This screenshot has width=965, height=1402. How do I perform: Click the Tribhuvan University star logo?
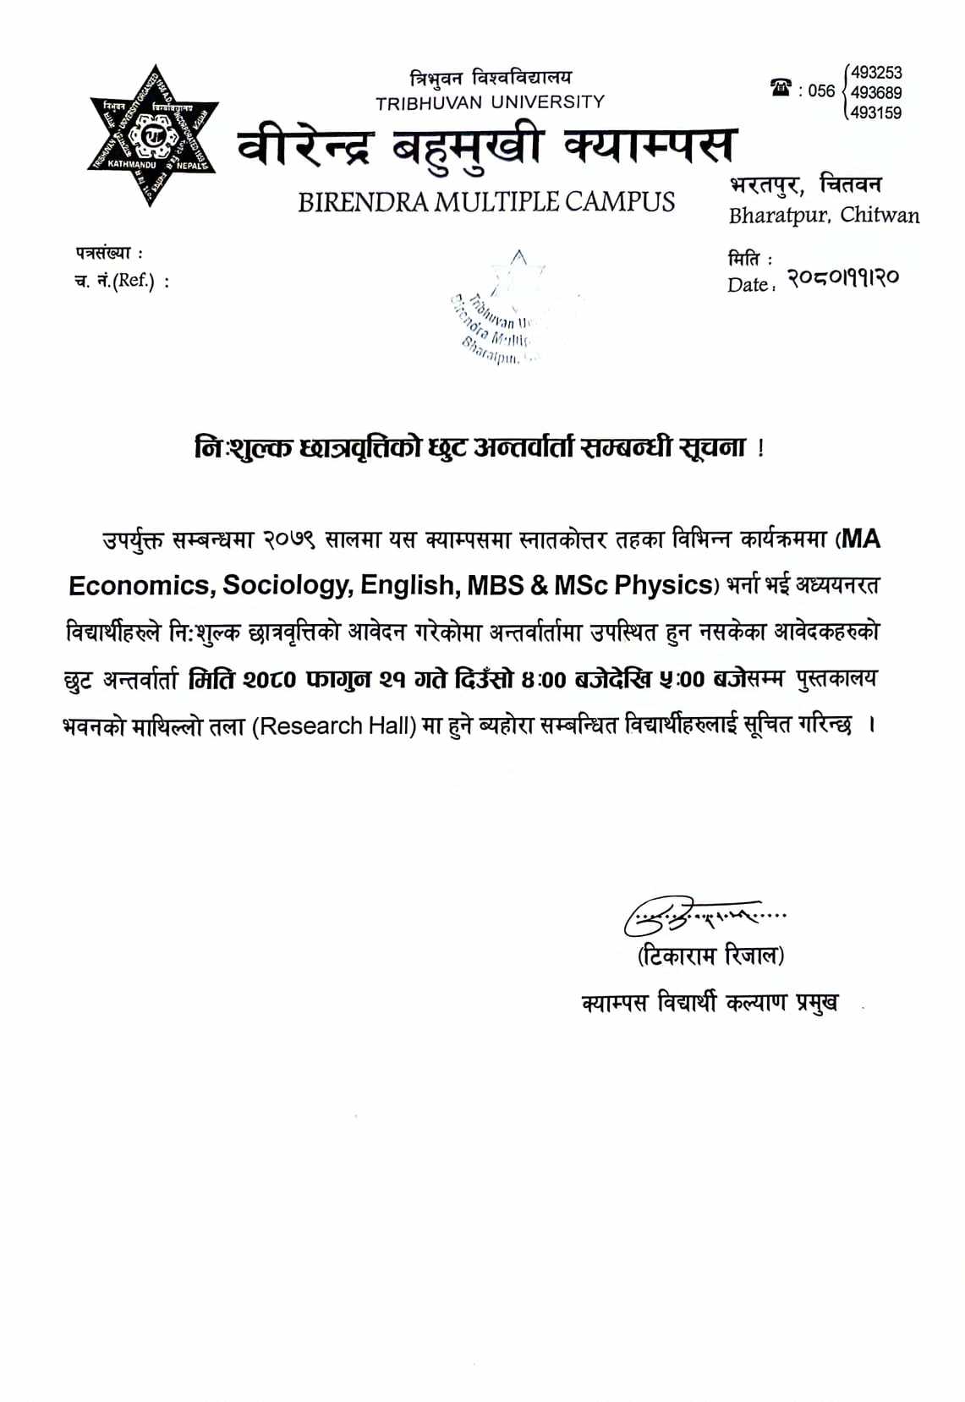(153, 134)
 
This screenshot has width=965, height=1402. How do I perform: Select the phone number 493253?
(876, 73)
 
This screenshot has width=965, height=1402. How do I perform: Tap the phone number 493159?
(876, 112)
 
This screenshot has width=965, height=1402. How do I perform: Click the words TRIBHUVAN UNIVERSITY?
(491, 102)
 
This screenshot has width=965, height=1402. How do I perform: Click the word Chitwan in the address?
(880, 215)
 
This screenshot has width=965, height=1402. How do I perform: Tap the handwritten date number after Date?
(842, 277)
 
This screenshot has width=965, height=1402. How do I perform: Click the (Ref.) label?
(134, 281)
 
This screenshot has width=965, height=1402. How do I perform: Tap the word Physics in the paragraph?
(663, 585)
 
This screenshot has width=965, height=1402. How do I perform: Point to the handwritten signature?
(694, 916)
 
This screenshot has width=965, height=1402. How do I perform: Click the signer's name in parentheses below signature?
(710, 956)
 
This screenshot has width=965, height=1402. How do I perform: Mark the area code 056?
(820, 91)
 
